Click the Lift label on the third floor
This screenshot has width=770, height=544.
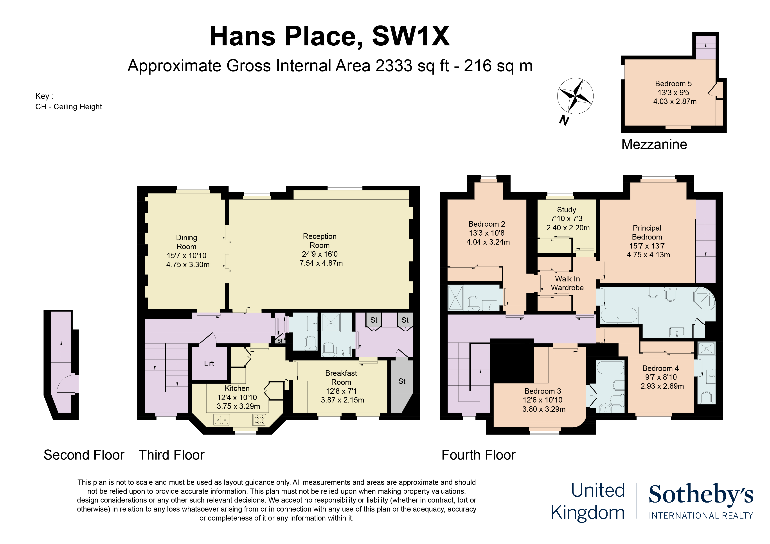click(209, 363)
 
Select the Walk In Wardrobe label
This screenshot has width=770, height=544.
click(567, 283)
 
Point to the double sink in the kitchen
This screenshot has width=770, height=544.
click(221, 420)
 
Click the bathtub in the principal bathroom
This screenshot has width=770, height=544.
click(619, 315)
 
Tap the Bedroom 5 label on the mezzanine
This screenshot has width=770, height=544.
click(673, 83)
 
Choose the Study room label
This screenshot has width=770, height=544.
click(567, 210)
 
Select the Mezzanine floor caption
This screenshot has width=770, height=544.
click(654, 145)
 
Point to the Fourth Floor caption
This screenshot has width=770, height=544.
click(478, 455)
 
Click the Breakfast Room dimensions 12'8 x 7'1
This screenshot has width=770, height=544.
click(341, 391)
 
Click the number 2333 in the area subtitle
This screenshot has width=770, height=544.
click(394, 66)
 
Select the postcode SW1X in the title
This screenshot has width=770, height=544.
click(411, 36)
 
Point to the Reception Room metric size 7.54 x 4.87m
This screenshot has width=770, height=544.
click(321, 263)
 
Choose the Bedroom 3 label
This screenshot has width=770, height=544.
click(543, 391)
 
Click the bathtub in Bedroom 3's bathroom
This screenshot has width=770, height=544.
click(610, 368)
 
